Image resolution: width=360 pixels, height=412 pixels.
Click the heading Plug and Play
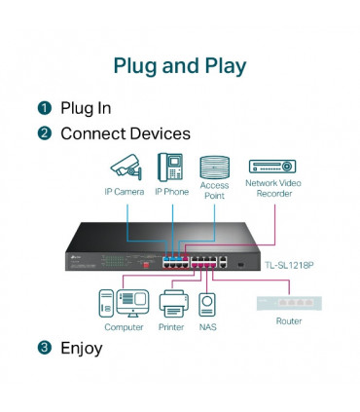point(180,66)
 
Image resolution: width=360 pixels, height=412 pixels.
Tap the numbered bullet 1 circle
point(45,108)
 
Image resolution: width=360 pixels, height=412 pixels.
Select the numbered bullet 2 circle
point(45,133)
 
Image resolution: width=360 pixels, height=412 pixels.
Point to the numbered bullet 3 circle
point(45,348)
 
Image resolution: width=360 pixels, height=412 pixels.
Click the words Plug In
point(86,108)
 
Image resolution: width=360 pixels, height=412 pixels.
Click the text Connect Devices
point(126,133)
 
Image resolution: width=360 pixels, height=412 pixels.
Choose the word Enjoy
point(81,348)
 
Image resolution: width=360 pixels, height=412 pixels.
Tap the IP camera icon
point(126,167)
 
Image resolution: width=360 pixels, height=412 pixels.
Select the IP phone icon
point(171,167)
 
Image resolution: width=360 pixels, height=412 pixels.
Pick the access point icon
point(214,165)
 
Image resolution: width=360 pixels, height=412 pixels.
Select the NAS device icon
point(206,304)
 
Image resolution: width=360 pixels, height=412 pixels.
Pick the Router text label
point(289,320)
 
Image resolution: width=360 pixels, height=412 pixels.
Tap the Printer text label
point(171,327)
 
